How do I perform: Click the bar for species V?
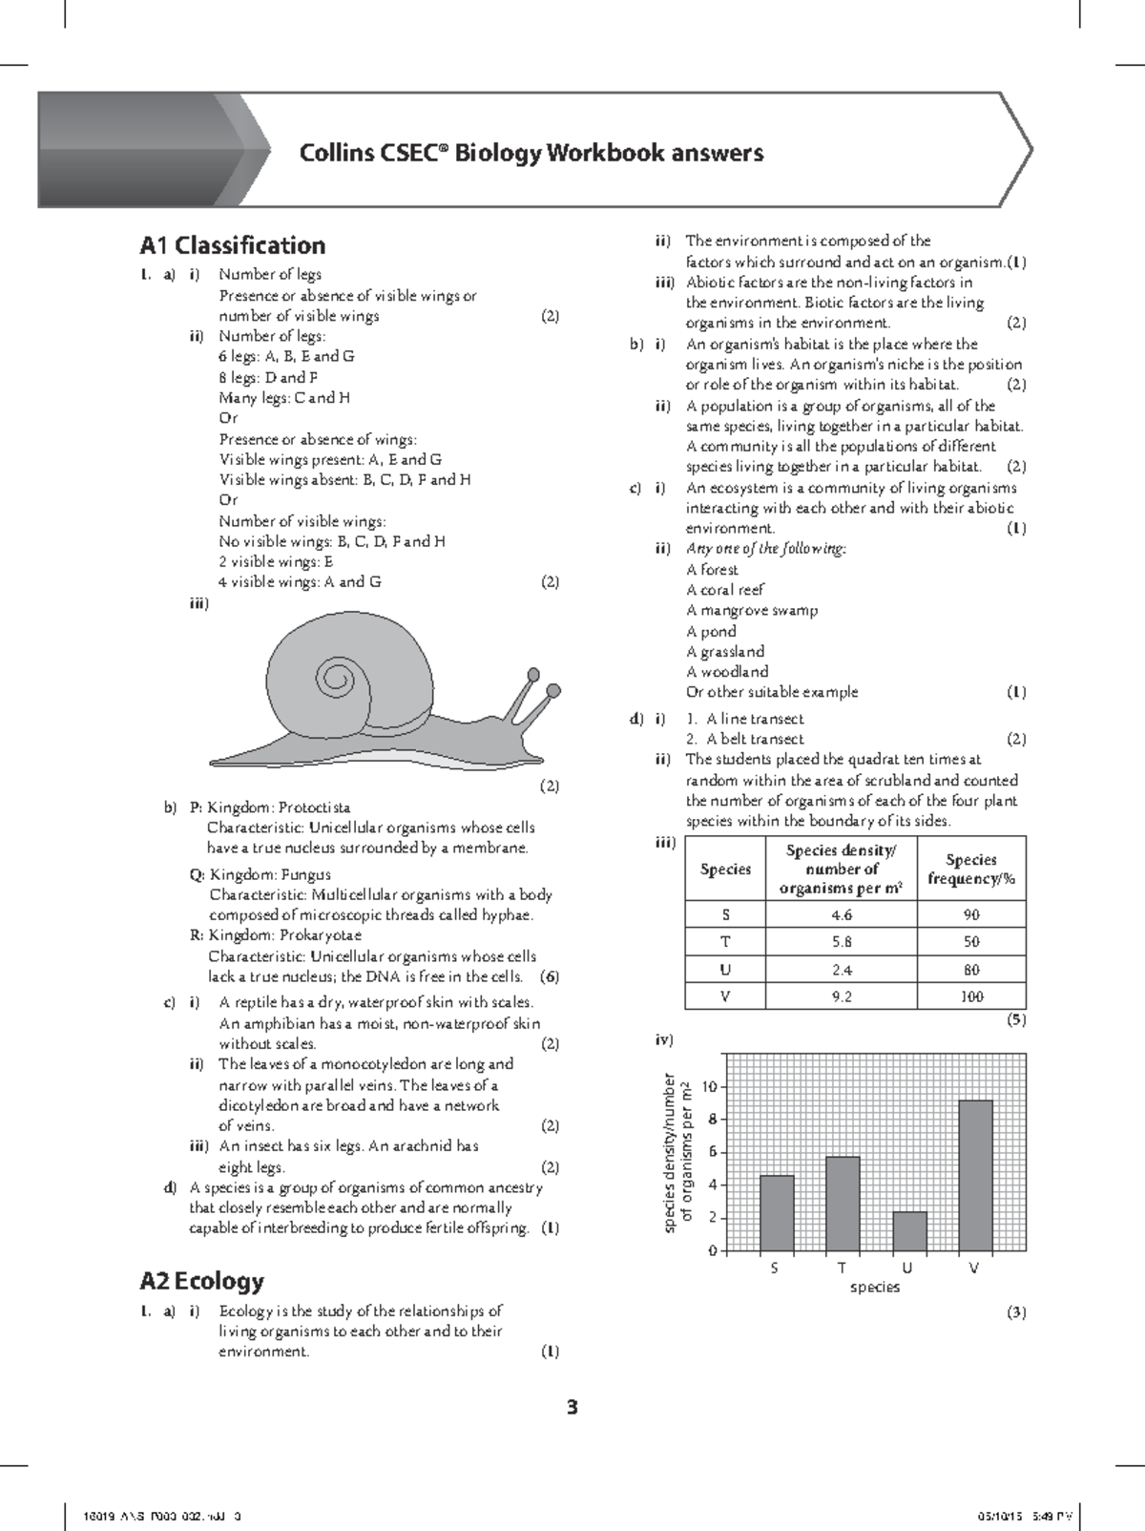(x=975, y=1175)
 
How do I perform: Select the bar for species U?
(x=909, y=1231)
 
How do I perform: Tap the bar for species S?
(x=777, y=1212)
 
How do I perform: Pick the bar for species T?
(x=843, y=1203)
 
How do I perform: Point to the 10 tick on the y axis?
(x=708, y=1086)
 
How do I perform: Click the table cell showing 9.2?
(x=842, y=996)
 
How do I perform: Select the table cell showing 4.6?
(x=842, y=914)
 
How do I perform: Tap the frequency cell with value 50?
(x=971, y=941)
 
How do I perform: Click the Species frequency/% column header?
(x=971, y=869)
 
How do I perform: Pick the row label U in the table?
(x=725, y=969)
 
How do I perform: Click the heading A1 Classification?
(x=232, y=245)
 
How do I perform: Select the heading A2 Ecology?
(x=201, y=1280)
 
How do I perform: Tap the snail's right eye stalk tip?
(x=552, y=690)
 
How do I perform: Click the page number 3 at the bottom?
(x=572, y=1407)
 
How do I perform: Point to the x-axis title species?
(x=874, y=1287)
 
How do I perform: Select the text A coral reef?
(x=724, y=590)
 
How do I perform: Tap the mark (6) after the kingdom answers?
(x=549, y=976)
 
